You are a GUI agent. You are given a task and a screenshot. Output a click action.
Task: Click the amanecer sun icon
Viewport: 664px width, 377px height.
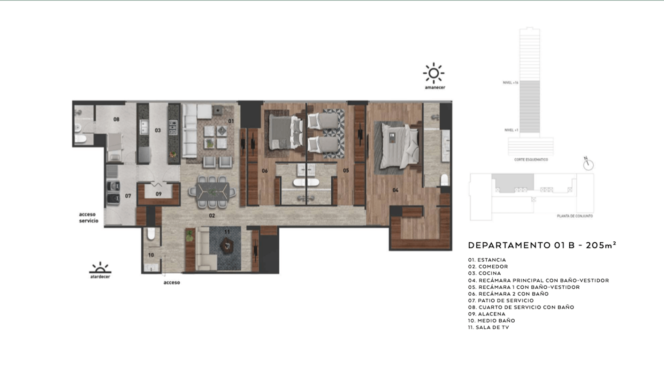434,73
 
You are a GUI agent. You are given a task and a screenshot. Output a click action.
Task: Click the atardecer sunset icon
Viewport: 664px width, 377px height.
100,269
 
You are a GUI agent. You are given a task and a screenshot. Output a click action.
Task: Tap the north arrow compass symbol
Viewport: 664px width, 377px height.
588,164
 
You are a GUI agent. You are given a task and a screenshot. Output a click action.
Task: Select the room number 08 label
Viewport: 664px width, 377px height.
116,119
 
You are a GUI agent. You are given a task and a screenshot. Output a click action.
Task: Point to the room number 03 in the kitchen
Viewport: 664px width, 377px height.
158,130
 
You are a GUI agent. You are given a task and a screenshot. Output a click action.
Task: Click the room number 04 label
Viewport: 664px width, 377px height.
395,190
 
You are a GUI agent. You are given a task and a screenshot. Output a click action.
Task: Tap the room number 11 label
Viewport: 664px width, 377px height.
227,232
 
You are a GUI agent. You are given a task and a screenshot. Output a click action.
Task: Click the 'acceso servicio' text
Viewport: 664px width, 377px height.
89,217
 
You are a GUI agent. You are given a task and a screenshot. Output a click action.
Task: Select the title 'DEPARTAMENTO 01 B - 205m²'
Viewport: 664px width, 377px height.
542,245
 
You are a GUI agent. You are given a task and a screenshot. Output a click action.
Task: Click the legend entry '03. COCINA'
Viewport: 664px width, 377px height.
484,273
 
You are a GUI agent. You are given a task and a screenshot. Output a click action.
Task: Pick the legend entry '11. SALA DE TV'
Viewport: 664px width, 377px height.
488,327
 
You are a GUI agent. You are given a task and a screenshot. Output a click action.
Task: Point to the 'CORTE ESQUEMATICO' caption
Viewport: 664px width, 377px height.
531,160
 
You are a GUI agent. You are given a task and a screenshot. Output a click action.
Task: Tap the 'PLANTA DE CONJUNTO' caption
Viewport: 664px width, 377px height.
574,216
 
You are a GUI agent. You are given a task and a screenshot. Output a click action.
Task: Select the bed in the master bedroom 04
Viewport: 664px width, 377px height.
399,145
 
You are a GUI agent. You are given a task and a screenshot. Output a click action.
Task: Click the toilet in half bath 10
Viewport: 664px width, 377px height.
151,235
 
